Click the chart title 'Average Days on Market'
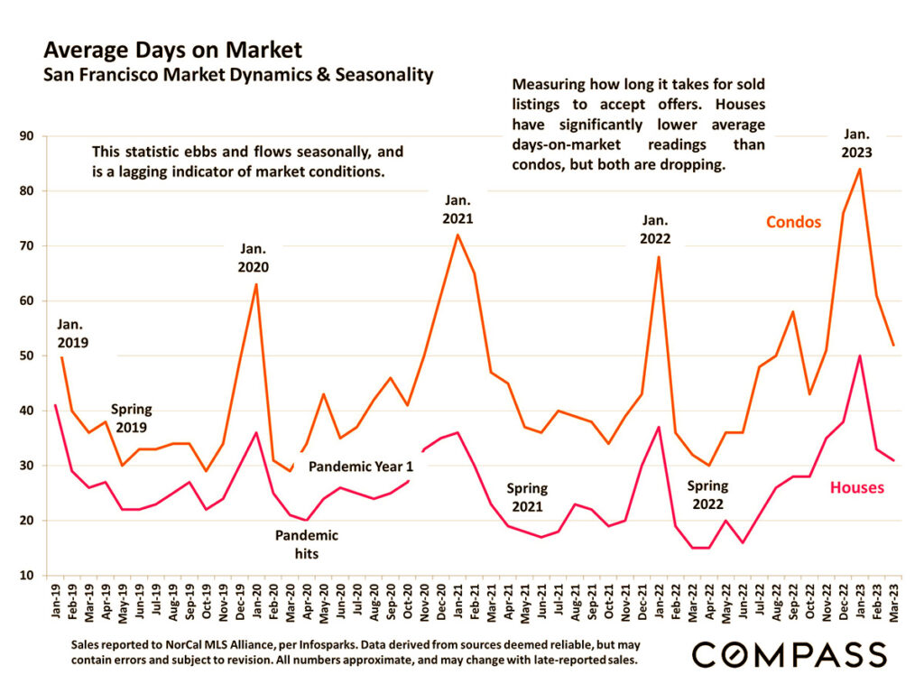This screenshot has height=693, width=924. (172, 50)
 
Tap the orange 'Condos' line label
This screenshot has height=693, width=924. (793, 222)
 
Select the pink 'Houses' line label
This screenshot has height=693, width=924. (856, 488)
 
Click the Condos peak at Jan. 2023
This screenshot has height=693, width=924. (859, 169)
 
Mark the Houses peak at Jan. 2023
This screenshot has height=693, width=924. (859, 356)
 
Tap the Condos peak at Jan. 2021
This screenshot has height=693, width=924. (457, 235)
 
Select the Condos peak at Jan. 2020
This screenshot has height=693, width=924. (256, 284)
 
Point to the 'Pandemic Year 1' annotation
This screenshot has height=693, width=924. (360, 467)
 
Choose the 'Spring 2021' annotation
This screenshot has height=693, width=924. (526, 497)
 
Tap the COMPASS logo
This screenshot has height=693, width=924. (789, 654)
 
